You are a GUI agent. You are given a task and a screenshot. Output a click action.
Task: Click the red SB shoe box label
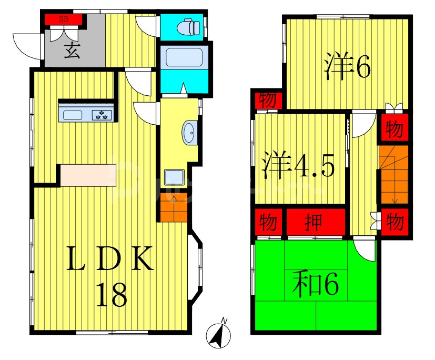[64, 20]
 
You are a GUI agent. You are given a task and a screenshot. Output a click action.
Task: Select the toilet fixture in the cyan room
[186, 26]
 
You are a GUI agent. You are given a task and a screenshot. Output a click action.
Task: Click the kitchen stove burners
[102, 115]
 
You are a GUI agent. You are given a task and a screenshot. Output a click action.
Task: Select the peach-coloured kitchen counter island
[88, 175]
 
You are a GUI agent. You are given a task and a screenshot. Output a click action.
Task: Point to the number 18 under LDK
[112, 295]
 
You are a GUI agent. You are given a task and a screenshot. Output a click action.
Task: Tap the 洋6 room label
[348, 65]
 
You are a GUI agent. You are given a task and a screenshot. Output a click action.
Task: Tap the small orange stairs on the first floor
[173, 207]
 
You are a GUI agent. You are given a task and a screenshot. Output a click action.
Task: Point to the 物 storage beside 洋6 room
[268, 99]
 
